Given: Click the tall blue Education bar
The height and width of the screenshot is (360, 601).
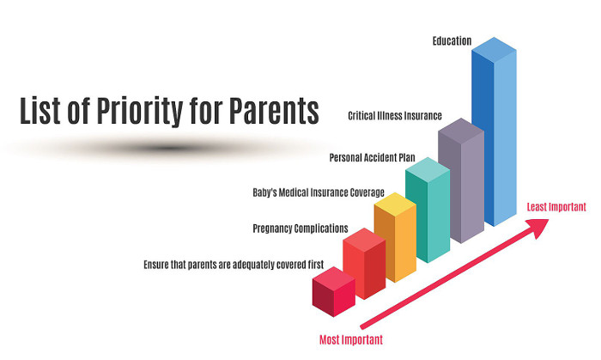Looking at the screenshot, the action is [495, 131].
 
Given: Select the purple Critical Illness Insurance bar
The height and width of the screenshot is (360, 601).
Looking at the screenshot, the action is [461, 180].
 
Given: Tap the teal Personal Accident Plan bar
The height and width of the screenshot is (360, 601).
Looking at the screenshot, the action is [428, 211].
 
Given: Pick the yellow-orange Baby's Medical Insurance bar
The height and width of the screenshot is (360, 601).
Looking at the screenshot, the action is [395, 238].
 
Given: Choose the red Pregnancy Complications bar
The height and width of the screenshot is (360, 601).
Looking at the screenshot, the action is [364, 264].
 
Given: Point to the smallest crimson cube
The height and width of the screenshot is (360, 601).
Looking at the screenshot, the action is [334, 292].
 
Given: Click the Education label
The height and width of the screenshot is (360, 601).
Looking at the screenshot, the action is [452, 41].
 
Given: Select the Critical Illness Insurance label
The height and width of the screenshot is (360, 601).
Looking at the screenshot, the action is [395, 115].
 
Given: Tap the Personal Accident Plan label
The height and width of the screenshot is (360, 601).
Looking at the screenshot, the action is [372, 157].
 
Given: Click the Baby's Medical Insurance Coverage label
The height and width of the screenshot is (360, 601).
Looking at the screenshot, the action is [319, 192].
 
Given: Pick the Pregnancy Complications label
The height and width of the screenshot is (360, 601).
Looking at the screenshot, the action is [300, 229].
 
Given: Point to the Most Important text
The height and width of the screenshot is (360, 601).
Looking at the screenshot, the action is [351, 339].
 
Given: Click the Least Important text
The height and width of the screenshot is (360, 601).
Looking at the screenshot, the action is [556, 207].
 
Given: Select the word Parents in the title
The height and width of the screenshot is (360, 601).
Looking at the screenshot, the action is [275, 111].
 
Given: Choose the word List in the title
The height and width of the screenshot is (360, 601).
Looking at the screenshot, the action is [39, 111].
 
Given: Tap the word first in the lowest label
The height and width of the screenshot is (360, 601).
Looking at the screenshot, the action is [316, 265].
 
